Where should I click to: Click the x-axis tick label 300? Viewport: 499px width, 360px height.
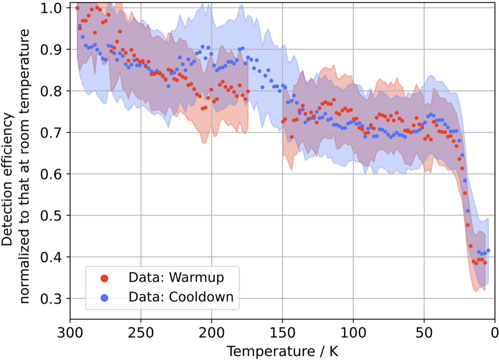pos(70,331)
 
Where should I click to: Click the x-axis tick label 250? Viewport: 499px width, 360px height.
pos(141,331)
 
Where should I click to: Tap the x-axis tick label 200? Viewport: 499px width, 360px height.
pos(212,331)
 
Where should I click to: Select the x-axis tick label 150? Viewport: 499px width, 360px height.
pos(282,331)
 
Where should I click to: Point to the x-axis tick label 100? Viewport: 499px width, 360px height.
pos(353,331)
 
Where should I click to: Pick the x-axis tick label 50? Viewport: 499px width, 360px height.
pos(424,331)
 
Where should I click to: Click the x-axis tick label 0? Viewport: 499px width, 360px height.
pos(495,331)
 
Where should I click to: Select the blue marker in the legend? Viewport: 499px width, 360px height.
pos(104,298)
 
